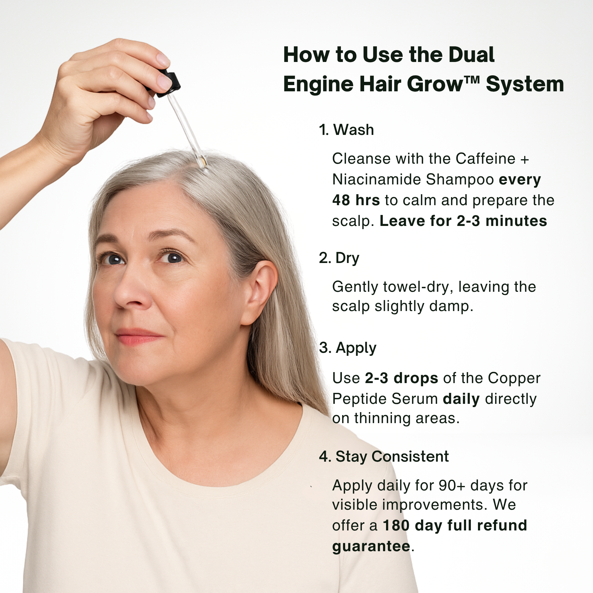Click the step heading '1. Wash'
click(x=346, y=130)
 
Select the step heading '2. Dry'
click(x=339, y=258)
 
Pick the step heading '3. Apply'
click(x=347, y=348)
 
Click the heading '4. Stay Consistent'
click(x=384, y=456)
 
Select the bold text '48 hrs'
click(x=356, y=200)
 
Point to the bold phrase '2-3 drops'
click(x=401, y=378)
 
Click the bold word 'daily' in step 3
click(x=461, y=399)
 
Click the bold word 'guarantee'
click(x=371, y=546)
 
